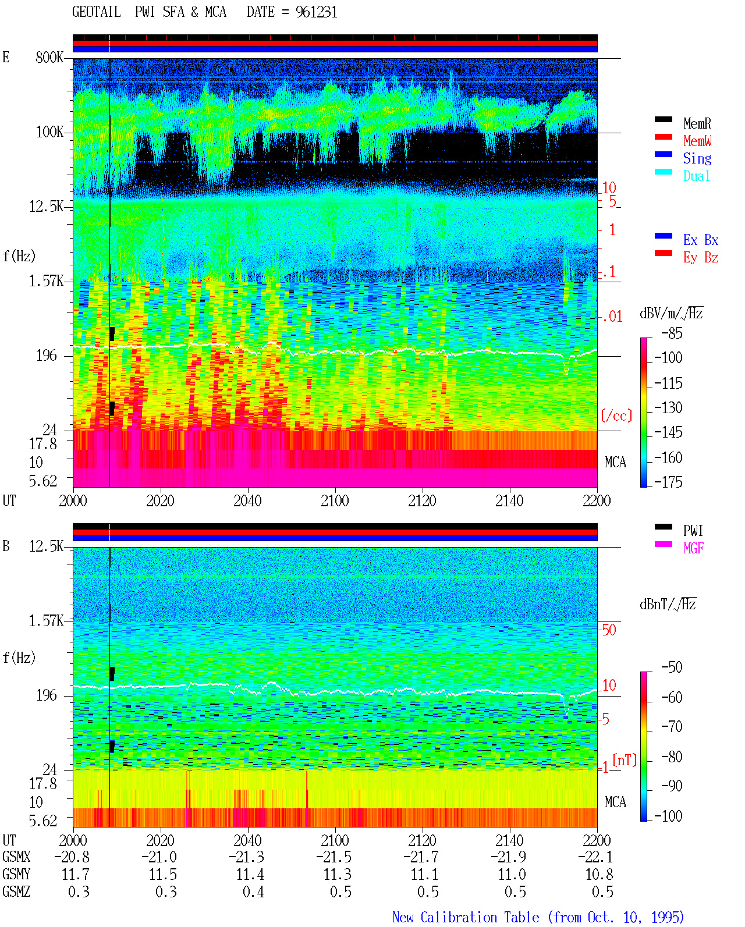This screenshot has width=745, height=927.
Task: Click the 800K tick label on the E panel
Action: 49,57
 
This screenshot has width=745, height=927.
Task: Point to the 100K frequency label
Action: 49,132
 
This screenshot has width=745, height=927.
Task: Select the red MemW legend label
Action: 697,141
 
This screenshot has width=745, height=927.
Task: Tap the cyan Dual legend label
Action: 697,176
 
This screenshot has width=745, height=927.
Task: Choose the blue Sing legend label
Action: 697,158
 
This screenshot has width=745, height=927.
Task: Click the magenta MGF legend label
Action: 693,548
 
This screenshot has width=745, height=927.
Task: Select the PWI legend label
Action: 693,531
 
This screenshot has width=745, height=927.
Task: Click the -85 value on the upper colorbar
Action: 672,333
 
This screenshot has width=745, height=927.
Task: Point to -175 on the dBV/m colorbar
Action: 668,482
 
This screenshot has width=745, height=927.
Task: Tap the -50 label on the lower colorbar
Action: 672,667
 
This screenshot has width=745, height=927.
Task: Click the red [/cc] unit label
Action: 616,415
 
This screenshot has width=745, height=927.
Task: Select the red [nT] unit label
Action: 625,760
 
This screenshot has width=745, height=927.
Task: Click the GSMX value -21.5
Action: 334,857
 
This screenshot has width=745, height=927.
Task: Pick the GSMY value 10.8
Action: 599,875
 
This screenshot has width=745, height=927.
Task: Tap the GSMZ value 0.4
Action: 253,892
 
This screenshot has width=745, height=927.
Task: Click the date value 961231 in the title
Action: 316,12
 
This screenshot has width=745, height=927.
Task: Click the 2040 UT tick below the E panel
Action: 247,501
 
